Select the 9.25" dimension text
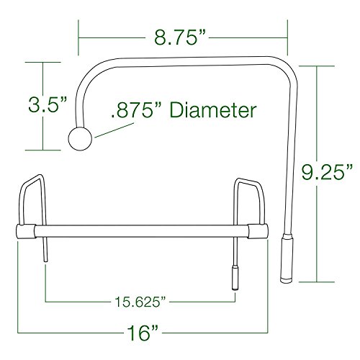(x=326, y=171)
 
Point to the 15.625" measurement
(x=140, y=297)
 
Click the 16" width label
(x=140, y=333)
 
